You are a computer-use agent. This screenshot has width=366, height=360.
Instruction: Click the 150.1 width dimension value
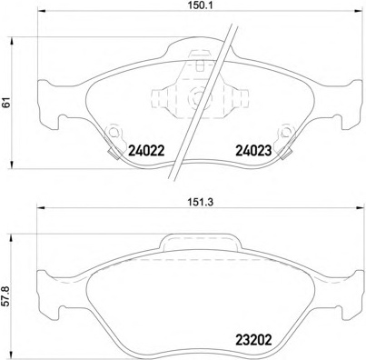(199, 5)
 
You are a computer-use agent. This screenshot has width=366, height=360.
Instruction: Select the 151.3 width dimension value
(199, 202)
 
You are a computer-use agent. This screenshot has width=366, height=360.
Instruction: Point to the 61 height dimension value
(6, 103)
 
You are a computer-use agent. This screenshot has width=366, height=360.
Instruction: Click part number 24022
(146, 150)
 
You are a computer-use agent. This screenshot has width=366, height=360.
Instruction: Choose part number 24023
(253, 150)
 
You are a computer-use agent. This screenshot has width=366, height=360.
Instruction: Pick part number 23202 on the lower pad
(253, 340)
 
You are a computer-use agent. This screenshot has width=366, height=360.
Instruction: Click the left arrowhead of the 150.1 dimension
(41, 11)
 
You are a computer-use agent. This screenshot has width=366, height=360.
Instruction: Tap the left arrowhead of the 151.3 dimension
(41, 208)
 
